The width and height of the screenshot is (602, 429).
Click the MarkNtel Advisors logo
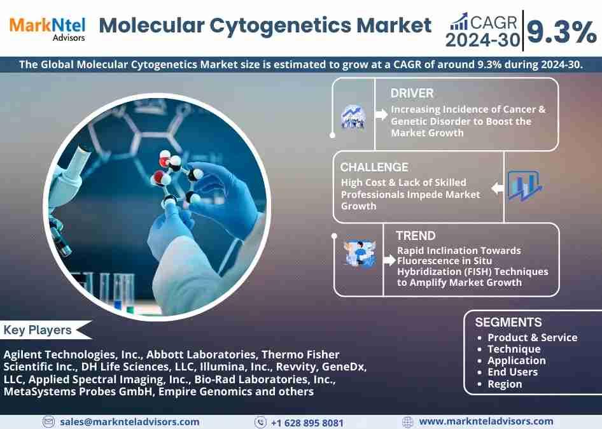click(47, 29)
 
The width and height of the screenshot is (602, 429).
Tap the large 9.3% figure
click(562, 32)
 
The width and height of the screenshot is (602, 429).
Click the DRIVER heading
click(412, 94)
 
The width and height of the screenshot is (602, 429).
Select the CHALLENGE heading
click(374, 167)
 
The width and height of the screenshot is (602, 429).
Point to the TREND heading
click(416, 236)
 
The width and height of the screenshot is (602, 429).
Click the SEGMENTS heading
click(508, 322)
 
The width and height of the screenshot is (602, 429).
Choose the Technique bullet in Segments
click(514, 349)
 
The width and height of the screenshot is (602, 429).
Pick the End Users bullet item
click(512, 372)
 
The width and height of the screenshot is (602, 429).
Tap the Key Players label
click(38, 330)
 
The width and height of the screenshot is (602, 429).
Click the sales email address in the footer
click(129, 422)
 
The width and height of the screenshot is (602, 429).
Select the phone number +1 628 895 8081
click(307, 423)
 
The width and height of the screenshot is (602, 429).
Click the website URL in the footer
click(486, 422)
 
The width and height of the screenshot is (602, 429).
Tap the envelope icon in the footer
click(48, 422)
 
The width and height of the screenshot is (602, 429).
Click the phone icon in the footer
click(260, 423)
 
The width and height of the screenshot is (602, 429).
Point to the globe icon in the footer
click(408, 422)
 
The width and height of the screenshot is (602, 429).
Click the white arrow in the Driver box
click(381, 115)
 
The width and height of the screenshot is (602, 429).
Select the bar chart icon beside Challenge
click(524, 186)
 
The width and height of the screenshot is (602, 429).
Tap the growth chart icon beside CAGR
click(459, 22)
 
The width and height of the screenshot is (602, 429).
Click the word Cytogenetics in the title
click(281, 26)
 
